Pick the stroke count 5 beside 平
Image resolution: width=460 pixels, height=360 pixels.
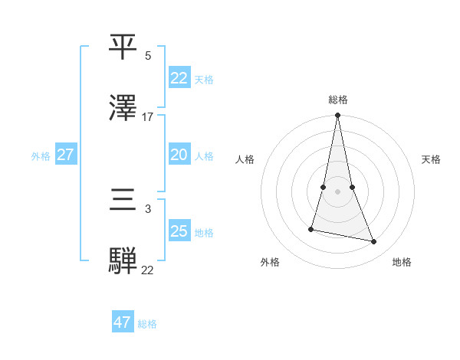pos(148,56)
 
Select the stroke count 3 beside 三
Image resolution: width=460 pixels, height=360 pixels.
pos(148,208)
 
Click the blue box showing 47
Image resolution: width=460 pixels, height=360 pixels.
pos(123,322)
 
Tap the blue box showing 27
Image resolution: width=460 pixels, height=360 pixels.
pos(65,155)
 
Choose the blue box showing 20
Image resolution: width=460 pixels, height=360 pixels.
pos(179,155)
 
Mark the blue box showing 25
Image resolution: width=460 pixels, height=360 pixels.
pos(179,231)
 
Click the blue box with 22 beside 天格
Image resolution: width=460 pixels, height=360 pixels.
pos(179,78)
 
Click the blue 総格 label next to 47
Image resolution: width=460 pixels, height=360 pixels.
pos(147,324)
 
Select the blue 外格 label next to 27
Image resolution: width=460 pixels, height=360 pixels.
pos(41,155)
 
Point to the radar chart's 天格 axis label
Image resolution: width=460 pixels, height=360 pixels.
pos(432,159)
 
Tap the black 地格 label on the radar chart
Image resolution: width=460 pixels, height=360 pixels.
pos(402,262)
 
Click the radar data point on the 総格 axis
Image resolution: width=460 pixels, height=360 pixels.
pos(337,116)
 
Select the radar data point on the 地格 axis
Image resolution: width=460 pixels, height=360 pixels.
pos(374,242)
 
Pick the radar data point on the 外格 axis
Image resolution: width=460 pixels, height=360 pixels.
pos(311,228)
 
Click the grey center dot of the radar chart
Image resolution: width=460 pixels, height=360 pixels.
pos(337,191)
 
